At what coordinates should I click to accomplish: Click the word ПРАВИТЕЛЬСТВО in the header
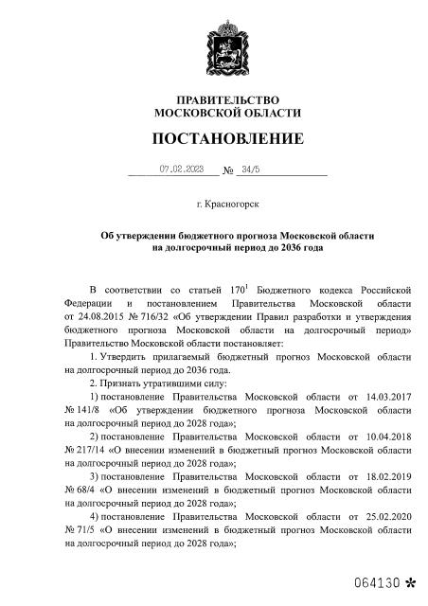(228, 99)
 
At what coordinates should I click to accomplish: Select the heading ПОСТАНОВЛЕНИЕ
(228, 139)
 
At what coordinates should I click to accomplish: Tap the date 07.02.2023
(182, 169)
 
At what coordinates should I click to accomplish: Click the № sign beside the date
(227, 171)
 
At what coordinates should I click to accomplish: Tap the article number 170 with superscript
(238, 286)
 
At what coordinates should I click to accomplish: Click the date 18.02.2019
(387, 478)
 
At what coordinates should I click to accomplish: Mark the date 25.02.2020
(387, 518)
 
